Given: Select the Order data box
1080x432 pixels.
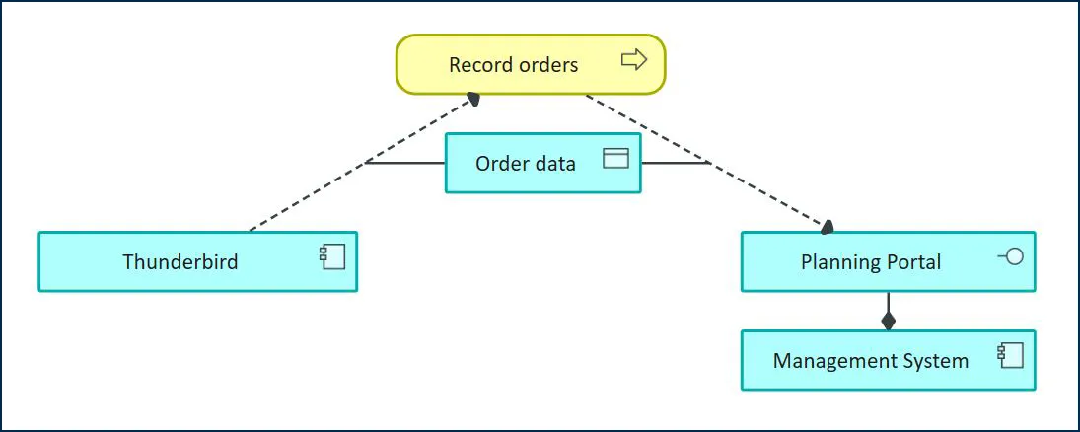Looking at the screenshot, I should point(542,163).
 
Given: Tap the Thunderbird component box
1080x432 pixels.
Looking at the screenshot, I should point(197,261).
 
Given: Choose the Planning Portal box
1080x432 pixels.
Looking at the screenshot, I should point(888,261).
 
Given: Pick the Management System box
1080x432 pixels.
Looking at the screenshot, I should point(888,360).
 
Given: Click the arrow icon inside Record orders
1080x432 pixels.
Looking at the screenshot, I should point(634,61).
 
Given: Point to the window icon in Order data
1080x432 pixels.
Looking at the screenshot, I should point(615,158).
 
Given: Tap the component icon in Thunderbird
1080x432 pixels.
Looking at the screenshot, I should point(331,257).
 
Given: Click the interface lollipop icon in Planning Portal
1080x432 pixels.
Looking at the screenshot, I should point(1010,257).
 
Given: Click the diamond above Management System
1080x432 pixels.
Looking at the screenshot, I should point(889,321).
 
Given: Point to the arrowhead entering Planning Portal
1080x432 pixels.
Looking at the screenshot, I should point(827,227).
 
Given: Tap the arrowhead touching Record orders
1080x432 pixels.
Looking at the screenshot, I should point(474,98).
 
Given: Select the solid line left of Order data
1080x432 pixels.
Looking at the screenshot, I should point(405,163).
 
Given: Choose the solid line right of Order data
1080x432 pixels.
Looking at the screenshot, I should point(676,163).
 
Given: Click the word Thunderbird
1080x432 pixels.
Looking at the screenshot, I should point(180,262).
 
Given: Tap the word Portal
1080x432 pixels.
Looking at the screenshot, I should point(911,262).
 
